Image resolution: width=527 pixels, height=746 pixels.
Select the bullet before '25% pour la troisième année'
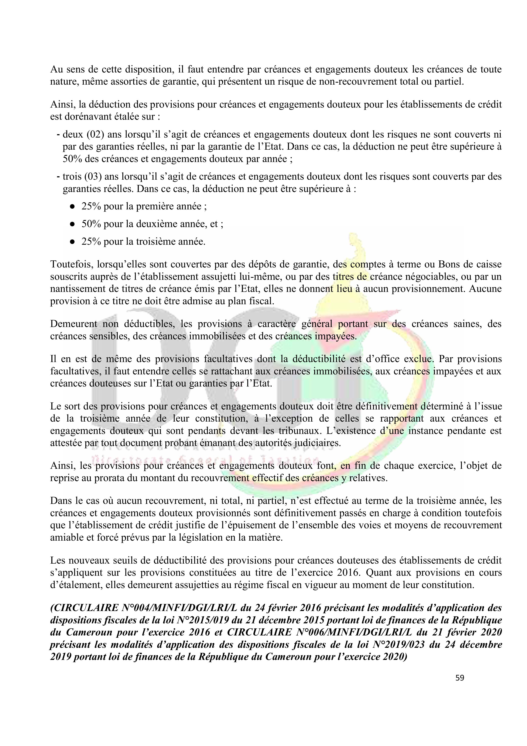[x=72, y=242]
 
